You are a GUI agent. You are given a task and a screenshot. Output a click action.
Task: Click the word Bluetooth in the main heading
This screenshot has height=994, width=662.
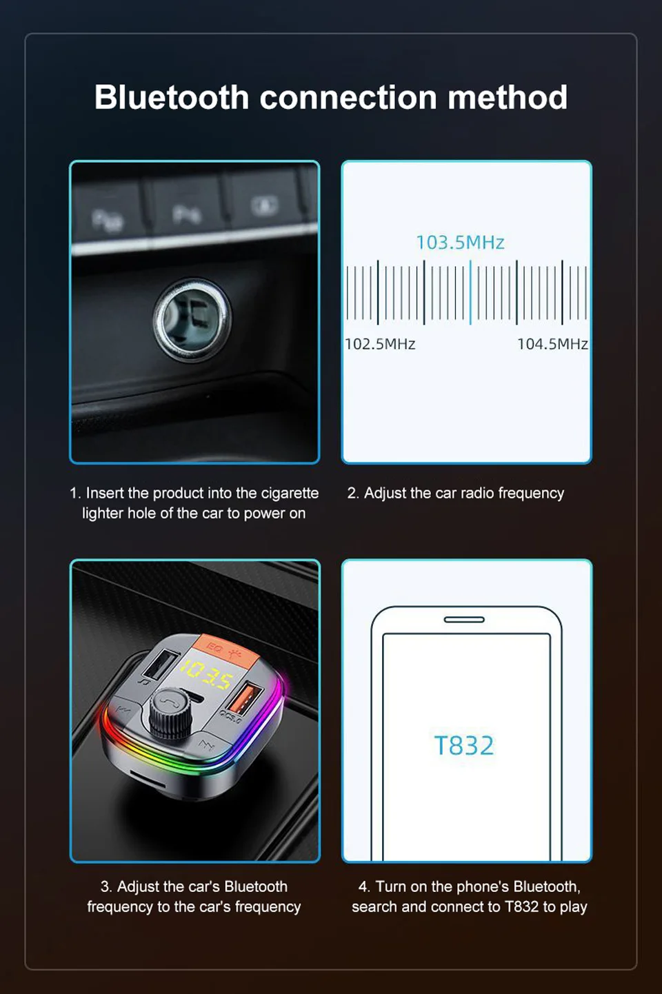pyautogui.click(x=172, y=97)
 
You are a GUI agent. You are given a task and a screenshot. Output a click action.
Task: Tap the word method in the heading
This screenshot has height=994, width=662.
pyautogui.click(x=508, y=97)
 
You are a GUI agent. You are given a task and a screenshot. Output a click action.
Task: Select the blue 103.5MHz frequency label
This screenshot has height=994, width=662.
pyautogui.click(x=460, y=243)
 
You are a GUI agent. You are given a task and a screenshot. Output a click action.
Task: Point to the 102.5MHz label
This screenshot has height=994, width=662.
pyautogui.click(x=380, y=344)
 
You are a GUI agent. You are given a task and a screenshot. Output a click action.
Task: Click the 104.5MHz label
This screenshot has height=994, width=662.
pyautogui.click(x=552, y=344)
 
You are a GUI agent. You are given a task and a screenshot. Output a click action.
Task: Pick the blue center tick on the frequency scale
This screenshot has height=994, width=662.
pyautogui.click(x=470, y=292)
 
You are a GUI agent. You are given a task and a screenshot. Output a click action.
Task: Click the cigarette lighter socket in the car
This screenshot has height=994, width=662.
pyautogui.click(x=192, y=318)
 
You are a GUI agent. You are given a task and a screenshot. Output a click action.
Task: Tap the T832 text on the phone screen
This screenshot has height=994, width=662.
pyautogui.click(x=463, y=746)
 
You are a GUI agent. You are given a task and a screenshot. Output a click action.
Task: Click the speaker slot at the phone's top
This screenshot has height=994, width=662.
pyautogui.click(x=464, y=620)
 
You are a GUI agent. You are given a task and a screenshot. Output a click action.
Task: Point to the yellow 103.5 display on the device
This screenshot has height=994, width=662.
pyautogui.click(x=208, y=674)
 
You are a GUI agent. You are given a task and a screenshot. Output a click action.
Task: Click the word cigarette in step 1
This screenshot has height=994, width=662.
pyautogui.click(x=290, y=493)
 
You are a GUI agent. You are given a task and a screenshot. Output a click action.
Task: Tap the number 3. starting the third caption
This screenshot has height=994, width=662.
pyautogui.click(x=106, y=886)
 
